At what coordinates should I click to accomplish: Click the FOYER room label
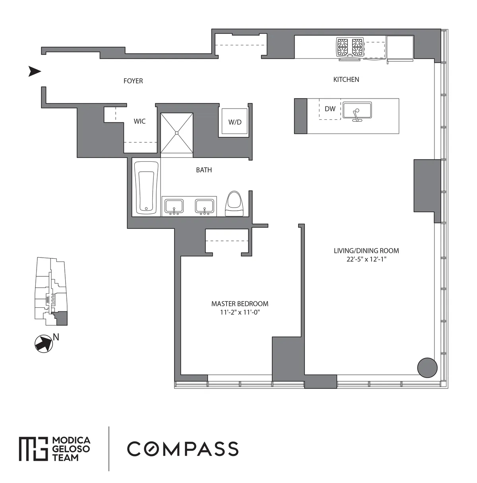(x=133, y=81)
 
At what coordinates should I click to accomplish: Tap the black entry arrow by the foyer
(x=35, y=72)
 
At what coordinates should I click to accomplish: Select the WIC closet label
(x=140, y=121)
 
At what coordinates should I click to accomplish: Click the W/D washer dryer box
(x=235, y=122)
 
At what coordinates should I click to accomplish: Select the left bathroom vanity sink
(x=174, y=206)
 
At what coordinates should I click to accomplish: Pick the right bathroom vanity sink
(x=205, y=206)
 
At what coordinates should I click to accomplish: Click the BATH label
(x=204, y=170)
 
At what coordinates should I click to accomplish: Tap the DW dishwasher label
(x=330, y=109)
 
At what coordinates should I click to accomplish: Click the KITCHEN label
(x=346, y=80)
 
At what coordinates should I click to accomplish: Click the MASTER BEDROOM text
(x=240, y=304)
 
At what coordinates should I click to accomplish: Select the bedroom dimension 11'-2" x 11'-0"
(x=240, y=312)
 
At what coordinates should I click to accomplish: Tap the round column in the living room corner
(x=427, y=367)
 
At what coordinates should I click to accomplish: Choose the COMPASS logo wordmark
(x=182, y=448)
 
